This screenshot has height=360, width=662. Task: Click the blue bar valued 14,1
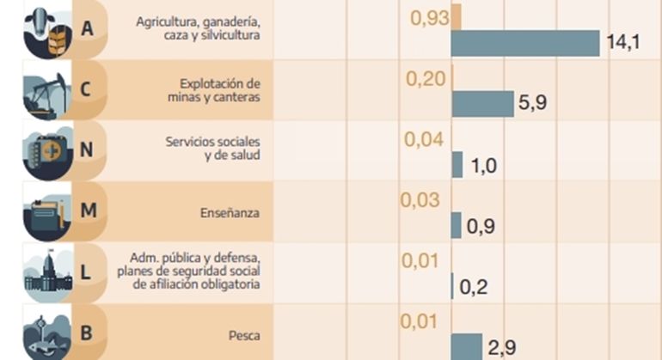[x=524, y=43]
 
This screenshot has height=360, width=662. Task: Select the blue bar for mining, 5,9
[x=481, y=103]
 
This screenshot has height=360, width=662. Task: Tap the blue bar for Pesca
[x=467, y=346]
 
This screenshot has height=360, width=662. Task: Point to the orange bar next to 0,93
[x=457, y=17]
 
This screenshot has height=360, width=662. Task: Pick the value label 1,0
[x=484, y=165]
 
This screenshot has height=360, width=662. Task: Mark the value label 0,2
[x=473, y=287]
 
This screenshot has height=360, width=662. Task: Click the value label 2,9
[x=501, y=347]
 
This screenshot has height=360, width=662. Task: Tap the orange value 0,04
[x=425, y=139]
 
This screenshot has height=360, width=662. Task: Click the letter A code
[x=87, y=29]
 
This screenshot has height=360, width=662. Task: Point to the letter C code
[x=87, y=89]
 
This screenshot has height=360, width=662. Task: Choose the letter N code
[x=87, y=150]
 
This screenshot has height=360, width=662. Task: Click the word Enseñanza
[x=230, y=211]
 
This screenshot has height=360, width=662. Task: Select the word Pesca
[x=244, y=335]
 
